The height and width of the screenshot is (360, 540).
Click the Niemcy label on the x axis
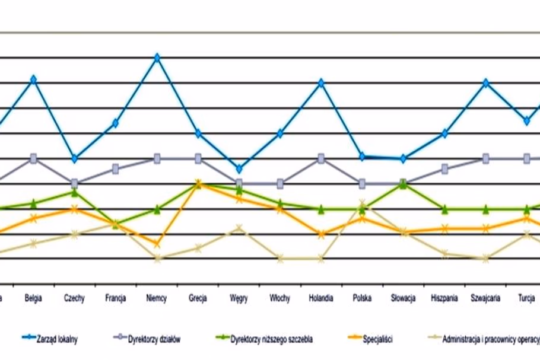click(x=157, y=298)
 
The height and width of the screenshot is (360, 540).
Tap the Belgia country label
click(x=33, y=298)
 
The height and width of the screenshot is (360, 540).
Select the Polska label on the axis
click(x=362, y=298)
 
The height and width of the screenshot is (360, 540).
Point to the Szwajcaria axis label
click(x=485, y=298)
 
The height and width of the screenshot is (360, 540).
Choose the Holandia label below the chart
click(x=320, y=298)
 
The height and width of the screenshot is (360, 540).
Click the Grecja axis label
click(x=198, y=298)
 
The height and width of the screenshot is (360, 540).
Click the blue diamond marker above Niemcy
click(x=157, y=58)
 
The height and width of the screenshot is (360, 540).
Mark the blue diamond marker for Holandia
click(x=321, y=83)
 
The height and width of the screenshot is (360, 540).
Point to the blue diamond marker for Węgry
click(x=239, y=169)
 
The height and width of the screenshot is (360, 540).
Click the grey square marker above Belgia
click(x=34, y=158)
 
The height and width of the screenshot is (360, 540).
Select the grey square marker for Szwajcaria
click(x=486, y=158)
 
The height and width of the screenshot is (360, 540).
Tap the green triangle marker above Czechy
click(x=75, y=193)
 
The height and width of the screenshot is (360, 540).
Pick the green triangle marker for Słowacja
click(x=404, y=184)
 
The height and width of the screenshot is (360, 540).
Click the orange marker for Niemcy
click(x=157, y=244)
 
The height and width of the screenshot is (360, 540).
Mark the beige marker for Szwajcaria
click(x=486, y=258)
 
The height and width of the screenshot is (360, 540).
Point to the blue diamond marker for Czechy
click(x=75, y=158)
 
